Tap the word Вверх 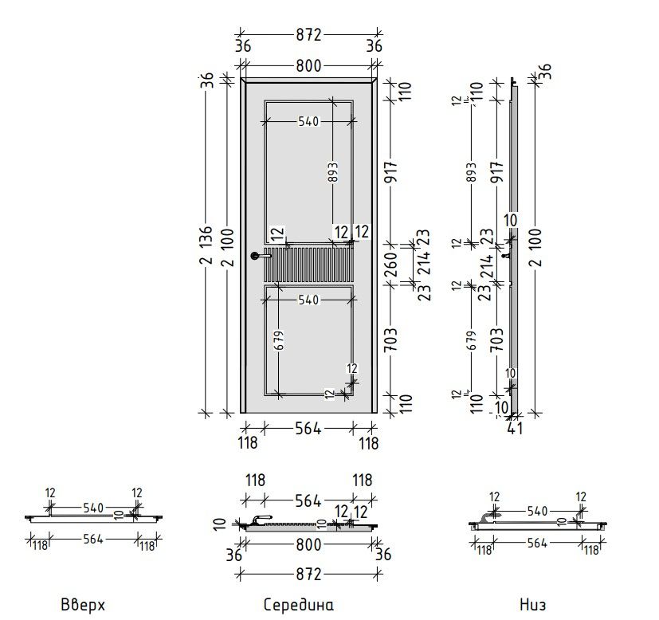(x=83, y=606)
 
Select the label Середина (x=298, y=605)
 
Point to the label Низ (x=532, y=605)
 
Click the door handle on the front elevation (x=261, y=256)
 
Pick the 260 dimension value (x=391, y=264)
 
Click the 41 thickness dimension (x=516, y=428)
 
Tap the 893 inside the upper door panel (x=332, y=172)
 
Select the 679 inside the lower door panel (x=279, y=340)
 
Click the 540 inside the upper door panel (x=308, y=121)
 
